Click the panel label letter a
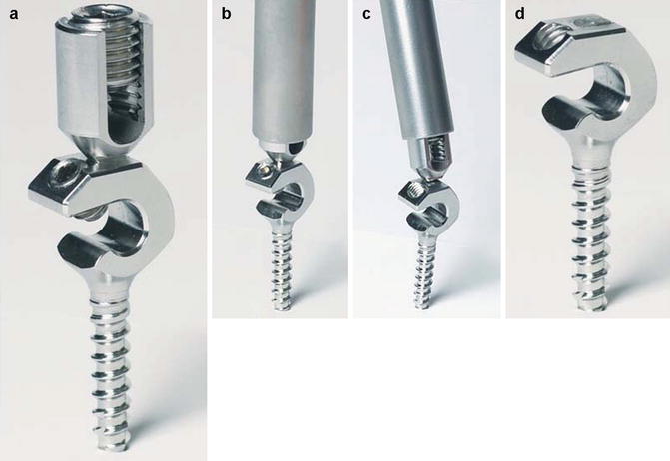14,14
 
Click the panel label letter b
226,13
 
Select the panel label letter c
366,14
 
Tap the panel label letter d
519,13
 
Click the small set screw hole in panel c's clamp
415,187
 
